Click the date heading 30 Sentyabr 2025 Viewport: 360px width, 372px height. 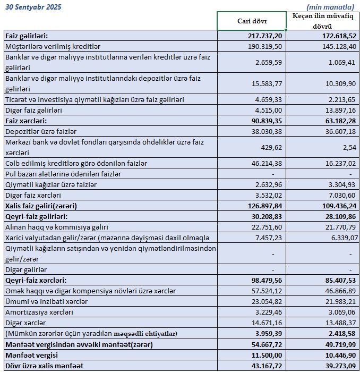click(x=33, y=7)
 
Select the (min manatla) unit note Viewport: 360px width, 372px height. click(x=330, y=7)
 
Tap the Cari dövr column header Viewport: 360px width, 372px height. click(x=252, y=21)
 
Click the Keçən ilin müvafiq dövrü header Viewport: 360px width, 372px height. click(x=323, y=21)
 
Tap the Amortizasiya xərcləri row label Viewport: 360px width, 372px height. click(x=39, y=312)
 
